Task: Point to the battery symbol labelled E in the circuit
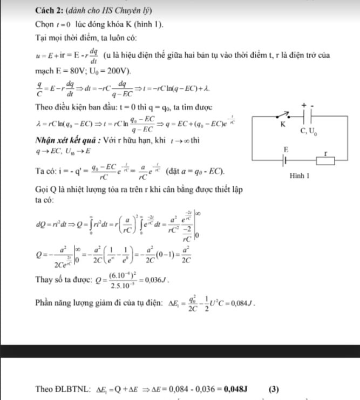coord(286,161)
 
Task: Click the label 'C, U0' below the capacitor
coord(309,130)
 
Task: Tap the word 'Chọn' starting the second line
coord(44,25)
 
